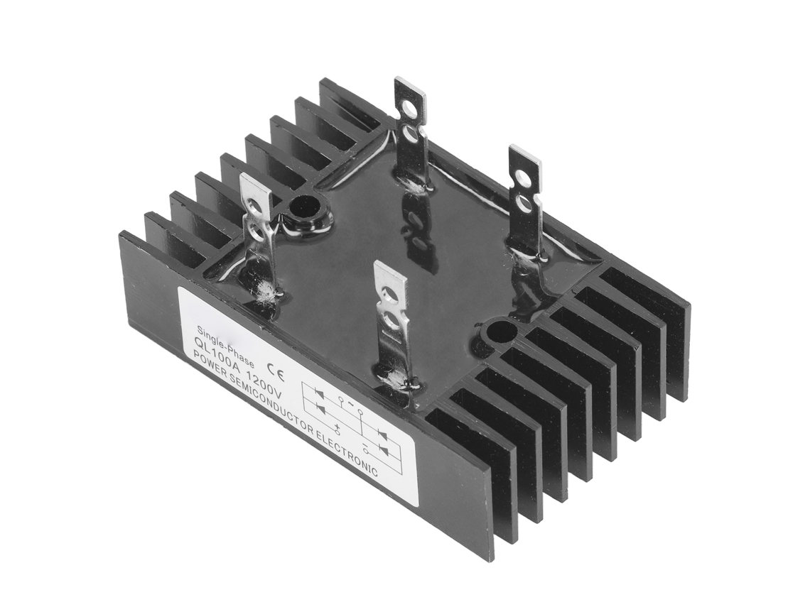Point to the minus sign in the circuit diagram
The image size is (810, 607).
click(x=365, y=444)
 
